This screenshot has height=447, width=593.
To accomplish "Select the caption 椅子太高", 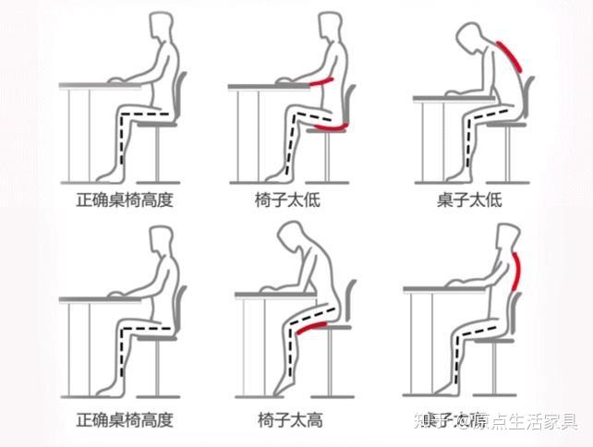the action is pos(289,419).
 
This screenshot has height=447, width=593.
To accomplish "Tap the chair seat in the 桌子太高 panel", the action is pos(501,341).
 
